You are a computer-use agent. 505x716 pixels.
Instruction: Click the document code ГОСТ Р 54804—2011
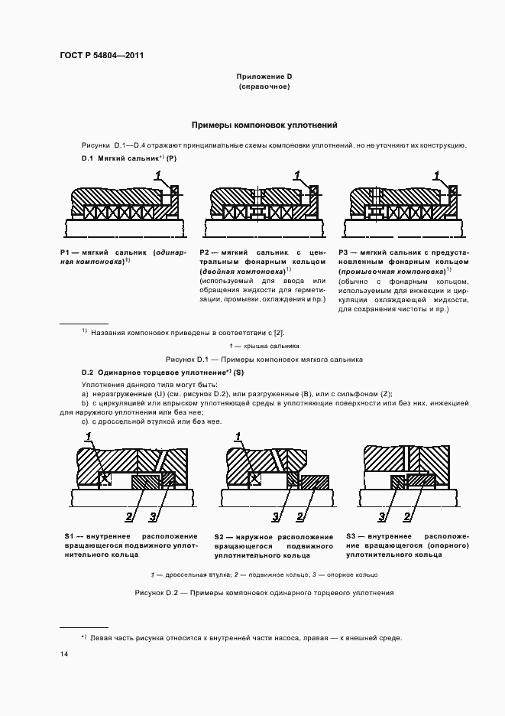tap(102, 55)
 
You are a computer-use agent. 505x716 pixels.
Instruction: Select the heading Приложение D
tap(264, 76)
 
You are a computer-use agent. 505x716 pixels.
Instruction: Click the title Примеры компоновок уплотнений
tap(264, 125)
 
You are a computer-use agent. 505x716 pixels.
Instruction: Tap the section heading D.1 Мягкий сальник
tap(129, 158)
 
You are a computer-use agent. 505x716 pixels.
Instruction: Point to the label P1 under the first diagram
tap(65, 252)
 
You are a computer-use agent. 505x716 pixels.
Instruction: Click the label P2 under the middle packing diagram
tap(205, 252)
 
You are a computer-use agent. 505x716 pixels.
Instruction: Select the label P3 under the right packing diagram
tap(345, 252)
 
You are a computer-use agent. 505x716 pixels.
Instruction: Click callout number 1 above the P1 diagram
tap(157, 176)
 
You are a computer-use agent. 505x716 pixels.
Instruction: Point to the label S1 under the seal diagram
tap(69, 536)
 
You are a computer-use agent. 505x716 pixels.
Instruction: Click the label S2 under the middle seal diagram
tap(220, 536)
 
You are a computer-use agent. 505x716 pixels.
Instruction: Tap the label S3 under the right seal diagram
tap(351, 536)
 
